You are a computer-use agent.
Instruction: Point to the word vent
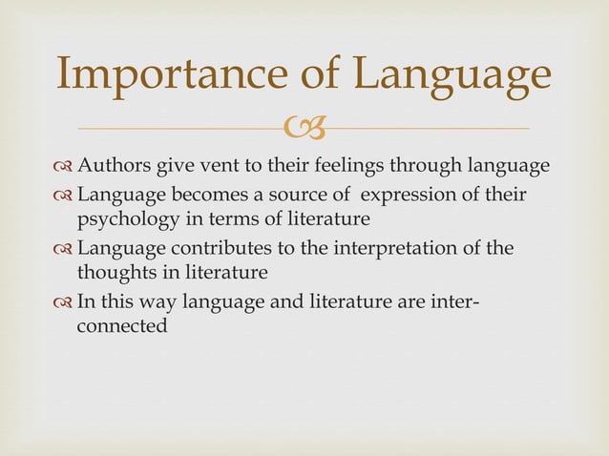(216, 168)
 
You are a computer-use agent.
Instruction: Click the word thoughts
(114, 273)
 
